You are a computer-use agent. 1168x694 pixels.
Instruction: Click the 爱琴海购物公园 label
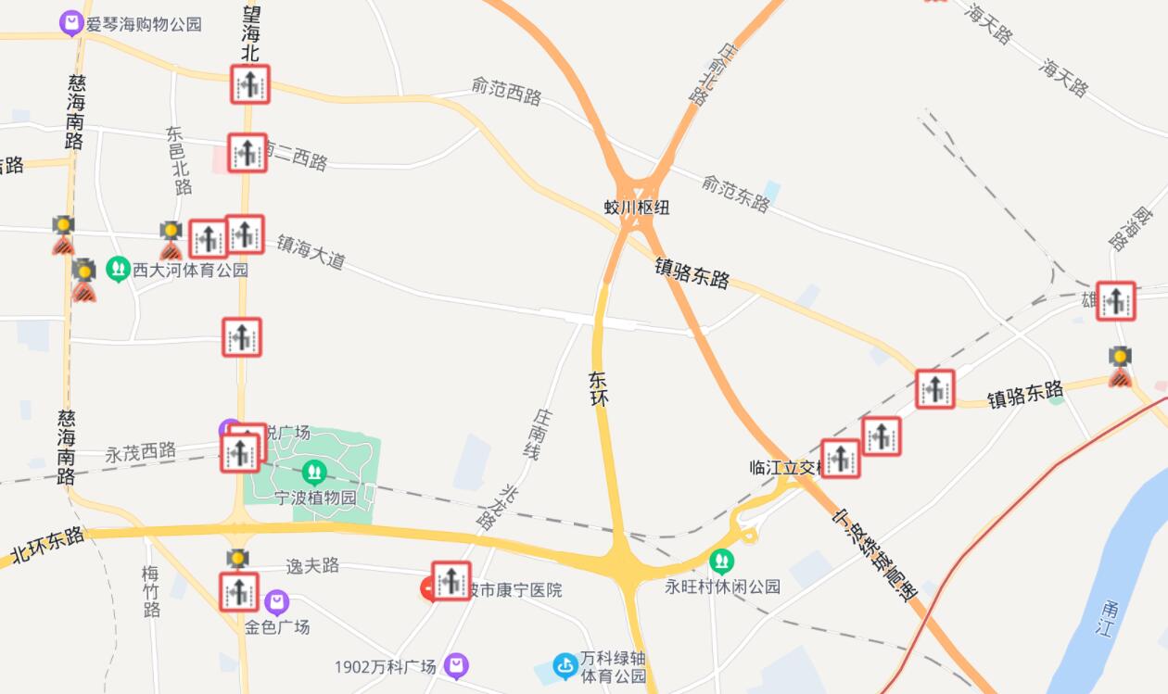tap(144, 24)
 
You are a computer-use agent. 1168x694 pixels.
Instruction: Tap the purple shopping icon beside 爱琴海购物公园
tap(71, 23)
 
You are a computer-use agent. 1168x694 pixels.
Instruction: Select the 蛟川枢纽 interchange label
tap(637, 208)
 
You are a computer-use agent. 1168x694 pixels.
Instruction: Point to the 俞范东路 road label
tap(735, 193)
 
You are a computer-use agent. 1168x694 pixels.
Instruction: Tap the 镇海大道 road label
tap(311, 251)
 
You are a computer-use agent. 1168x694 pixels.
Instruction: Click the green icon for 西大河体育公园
tap(118, 270)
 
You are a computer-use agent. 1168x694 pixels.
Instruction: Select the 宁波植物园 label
tap(315, 498)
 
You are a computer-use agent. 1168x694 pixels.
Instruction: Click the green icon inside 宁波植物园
tap(314, 473)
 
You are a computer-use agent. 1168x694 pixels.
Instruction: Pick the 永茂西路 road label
tap(140, 453)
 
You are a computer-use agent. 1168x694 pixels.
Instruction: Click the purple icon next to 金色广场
tap(276, 603)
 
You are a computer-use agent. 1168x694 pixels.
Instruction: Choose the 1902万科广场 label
tap(385, 667)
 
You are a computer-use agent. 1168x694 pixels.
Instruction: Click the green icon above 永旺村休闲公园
tap(721, 562)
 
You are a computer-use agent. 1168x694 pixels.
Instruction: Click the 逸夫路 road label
tap(312, 566)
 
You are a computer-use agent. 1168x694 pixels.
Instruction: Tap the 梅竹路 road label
tap(152, 590)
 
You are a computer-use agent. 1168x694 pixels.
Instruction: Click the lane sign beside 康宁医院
tap(451, 581)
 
